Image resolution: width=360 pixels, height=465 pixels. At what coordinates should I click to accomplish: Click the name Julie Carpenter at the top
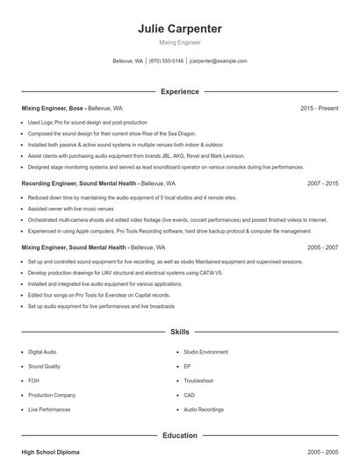(x=180, y=28)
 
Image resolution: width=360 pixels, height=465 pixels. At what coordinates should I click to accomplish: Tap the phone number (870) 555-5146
(x=166, y=61)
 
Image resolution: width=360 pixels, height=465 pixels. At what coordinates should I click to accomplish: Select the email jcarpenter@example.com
(x=218, y=61)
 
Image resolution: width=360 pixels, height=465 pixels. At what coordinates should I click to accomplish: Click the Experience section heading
(x=180, y=91)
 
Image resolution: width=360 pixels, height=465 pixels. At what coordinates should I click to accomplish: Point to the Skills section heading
(x=180, y=333)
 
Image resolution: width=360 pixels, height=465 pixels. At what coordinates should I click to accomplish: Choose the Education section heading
(x=180, y=435)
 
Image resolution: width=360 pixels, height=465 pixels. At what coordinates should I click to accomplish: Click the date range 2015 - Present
(x=319, y=108)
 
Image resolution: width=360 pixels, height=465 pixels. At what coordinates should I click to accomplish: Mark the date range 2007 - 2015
(x=323, y=184)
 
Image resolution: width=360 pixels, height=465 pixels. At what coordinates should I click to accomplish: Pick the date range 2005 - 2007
(x=323, y=248)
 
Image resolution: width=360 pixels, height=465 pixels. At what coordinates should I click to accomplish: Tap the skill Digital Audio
(x=42, y=351)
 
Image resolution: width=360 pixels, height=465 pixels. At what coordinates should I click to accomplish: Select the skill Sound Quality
(x=44, y=366)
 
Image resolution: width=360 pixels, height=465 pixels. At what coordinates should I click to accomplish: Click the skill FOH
(x=33, y=381)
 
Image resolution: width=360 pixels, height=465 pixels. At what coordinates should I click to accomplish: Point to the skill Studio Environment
(x=205, y=351)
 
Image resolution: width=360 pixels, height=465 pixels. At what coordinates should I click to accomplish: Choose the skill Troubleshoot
(x=198, y=381)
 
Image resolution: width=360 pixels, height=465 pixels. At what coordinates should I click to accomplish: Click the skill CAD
(x=189, y=395)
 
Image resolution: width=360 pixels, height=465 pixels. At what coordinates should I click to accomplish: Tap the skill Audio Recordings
(x=204, y=410)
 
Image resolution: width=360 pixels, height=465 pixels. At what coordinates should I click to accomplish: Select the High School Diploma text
(x=50, y=452)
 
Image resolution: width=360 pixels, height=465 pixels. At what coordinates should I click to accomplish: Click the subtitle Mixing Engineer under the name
(x=180, y=42)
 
